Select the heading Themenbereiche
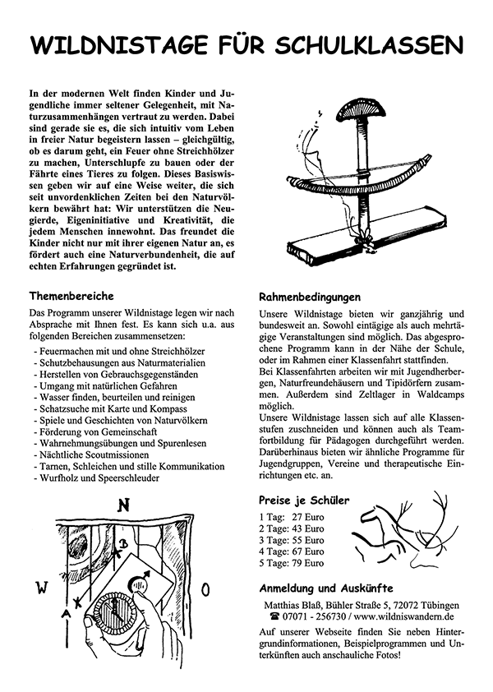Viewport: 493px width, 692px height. pos(71,295)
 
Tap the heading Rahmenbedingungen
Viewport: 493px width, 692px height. pos(309,297)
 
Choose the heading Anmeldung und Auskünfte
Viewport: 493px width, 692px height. pos(325,588)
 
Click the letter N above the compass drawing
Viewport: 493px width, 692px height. pos(123,505)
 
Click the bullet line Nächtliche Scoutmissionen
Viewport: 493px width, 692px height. pos(91,454)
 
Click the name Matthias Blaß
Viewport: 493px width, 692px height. pos(288,604)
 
